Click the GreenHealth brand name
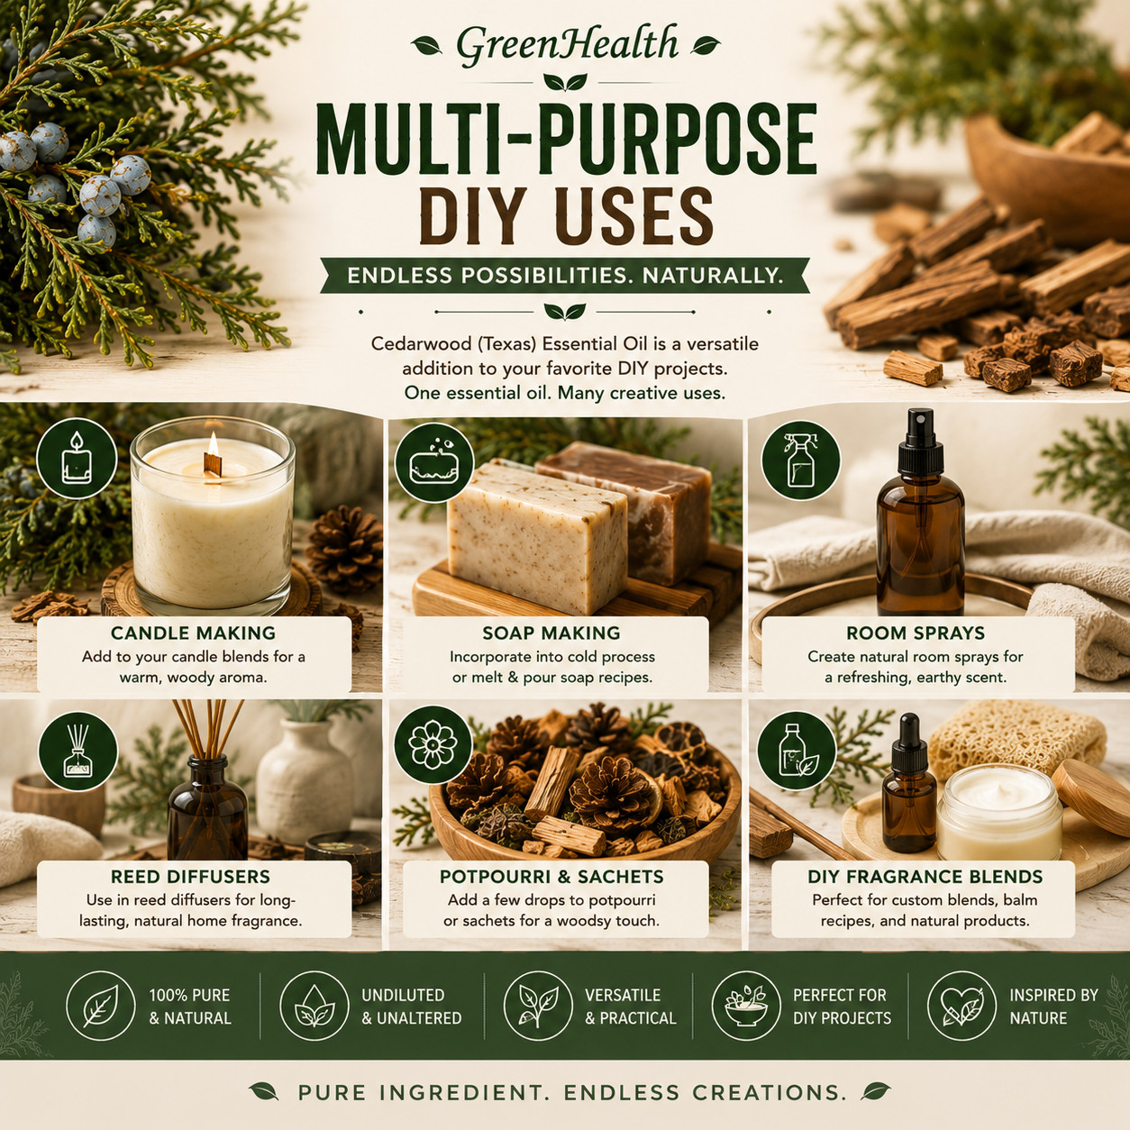point(567,45)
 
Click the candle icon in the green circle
point(77,458)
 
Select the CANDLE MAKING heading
point(193,633)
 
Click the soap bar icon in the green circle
point(434,462)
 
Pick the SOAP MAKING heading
point(551,633)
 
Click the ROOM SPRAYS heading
point(916,633)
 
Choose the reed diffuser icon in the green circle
point(78,752)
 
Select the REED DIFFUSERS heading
point(190,877)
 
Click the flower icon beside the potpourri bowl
point(433,744)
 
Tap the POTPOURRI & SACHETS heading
point(551,877)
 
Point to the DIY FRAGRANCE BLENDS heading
point(925,877)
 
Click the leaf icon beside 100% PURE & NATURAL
point(101,1006)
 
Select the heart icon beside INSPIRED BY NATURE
point(961,1006)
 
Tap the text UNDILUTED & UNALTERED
point(412,1007)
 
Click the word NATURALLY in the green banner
point(713,276)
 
